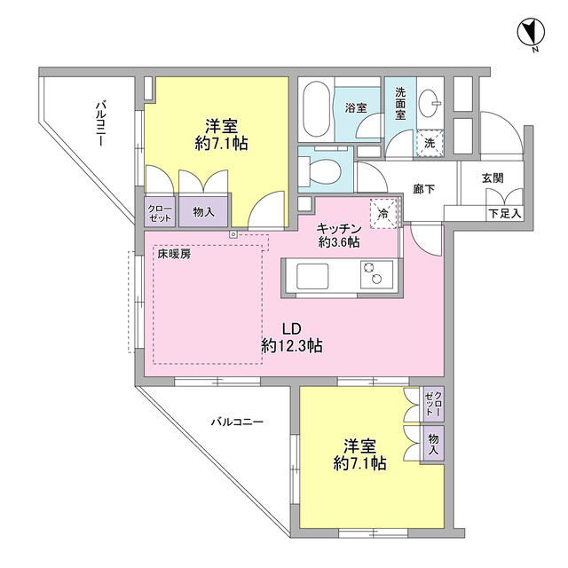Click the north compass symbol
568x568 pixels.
pos(530,34)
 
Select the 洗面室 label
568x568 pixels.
pos(400,104)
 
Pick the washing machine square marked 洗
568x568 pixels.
pos(429,142)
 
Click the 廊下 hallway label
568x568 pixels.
pos(423,189)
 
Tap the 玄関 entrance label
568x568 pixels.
pos(493,177)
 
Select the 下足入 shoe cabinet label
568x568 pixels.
pos(504,214)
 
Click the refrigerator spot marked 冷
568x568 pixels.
pos(383,212)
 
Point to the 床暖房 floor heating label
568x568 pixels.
pos(174,254)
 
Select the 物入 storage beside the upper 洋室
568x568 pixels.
pos(204,211)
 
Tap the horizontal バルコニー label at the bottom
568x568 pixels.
pos(237,422)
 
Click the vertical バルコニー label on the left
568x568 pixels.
pos(103,125)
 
